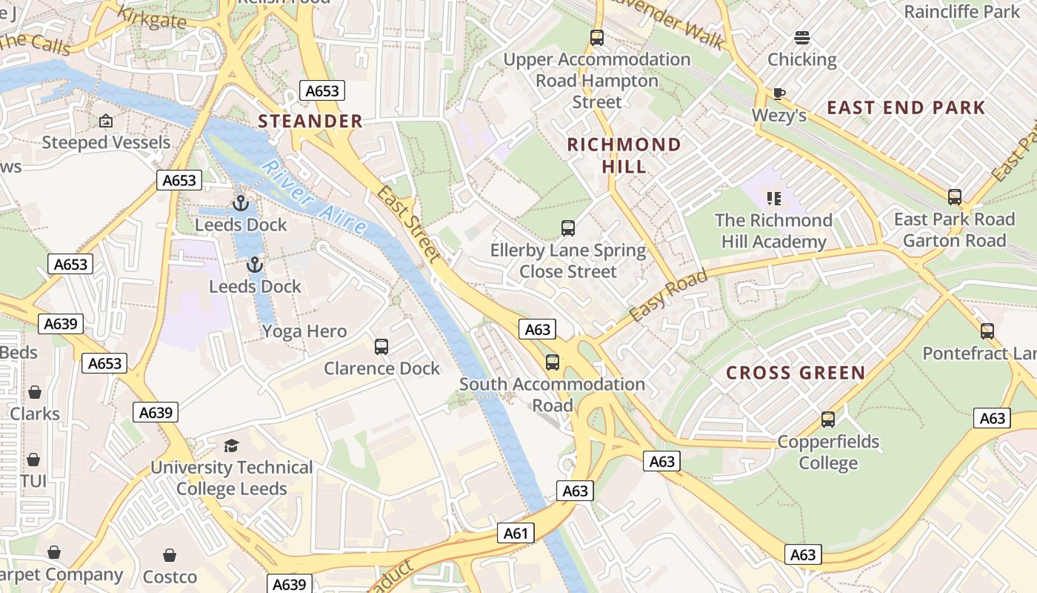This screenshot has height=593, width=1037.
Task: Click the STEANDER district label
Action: tap(310, 121)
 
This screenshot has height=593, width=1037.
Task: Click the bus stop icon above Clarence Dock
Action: tap(381, 346)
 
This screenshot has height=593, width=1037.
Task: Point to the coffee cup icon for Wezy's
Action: tap(778, 93)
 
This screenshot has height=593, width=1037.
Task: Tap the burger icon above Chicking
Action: tap(801, 37)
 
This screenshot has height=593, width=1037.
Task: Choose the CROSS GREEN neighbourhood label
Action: tap(796, 373)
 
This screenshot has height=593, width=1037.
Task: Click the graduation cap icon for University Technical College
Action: tap(232, 445)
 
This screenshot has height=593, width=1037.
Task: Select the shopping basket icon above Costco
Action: tap(170, 555)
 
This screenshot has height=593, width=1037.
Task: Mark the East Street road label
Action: tap(409, 224)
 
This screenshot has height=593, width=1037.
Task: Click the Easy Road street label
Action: tap(668, 296)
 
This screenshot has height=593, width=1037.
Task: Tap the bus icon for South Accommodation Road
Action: tap(553, 362)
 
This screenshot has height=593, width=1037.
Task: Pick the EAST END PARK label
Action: tap(906, 107)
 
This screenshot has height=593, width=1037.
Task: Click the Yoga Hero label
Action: tap(304, 331)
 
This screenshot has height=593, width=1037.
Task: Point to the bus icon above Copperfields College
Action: tap(828, 420)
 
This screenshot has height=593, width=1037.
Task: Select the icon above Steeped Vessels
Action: tap(106, 120)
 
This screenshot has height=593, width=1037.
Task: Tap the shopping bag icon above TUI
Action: tap(33, 460)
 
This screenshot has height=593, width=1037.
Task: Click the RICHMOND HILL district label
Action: tap(624, 155)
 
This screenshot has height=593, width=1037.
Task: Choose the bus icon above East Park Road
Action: tap(955, 197)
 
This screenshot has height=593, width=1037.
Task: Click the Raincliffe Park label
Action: tap(961, 12)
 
